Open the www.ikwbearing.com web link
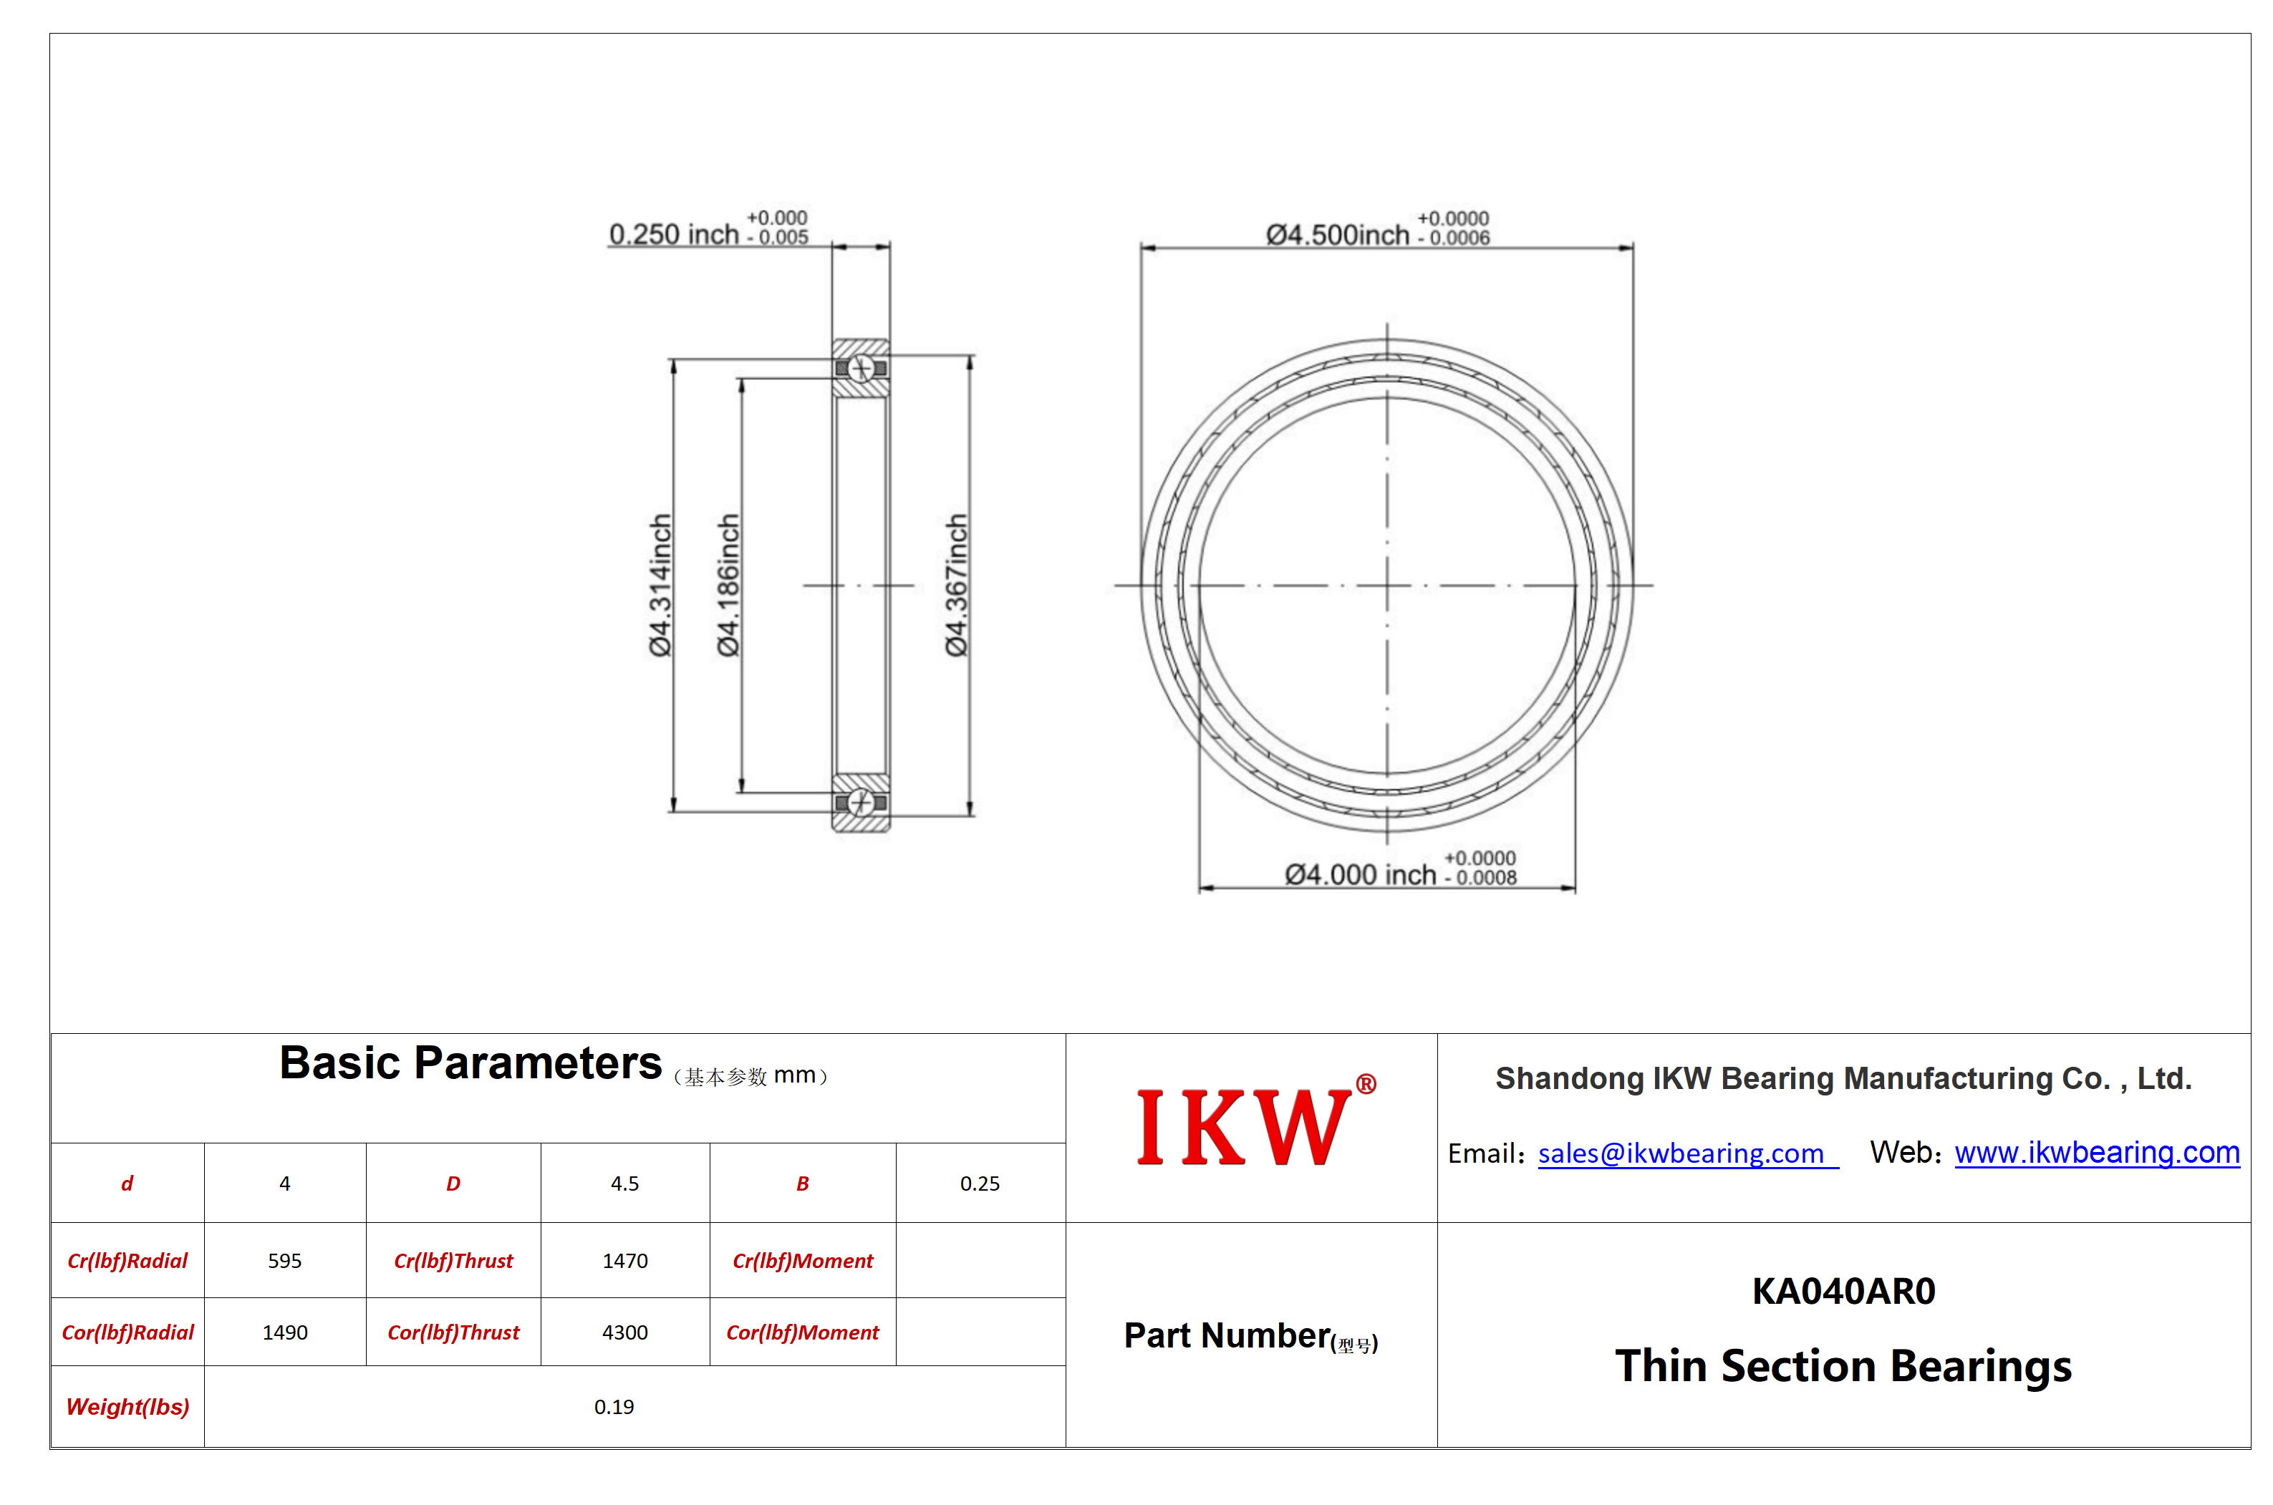(x=2096, y=1152)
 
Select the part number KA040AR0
(x=1843, y=1291)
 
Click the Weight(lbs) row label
(x=127, y=1406)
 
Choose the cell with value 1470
(x=625, y=1260)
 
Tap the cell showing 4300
(x=625, y=1332)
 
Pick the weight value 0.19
(x=614, y=1406)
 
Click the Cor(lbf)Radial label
(x=127, y=1332)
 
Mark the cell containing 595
(x=285, y=1260)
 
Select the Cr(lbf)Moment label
(x=803, y=1260)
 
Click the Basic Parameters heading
(x=470, y=1063)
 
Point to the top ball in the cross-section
(x=861, y=367)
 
